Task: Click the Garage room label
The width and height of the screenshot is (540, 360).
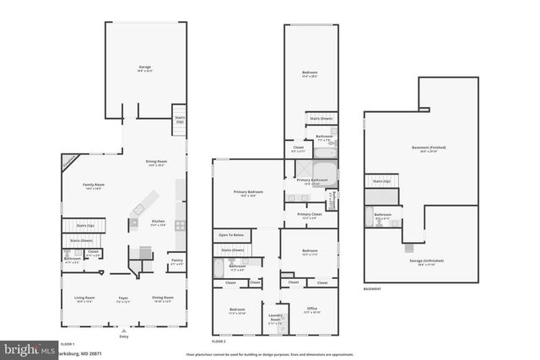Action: pos(144,67)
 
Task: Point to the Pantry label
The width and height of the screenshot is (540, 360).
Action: pos(176,261)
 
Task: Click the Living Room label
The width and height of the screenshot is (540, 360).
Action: pos(84,298)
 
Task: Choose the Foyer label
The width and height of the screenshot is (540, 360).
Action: pos(123,298)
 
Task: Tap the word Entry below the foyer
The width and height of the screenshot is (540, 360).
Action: pos(124,336)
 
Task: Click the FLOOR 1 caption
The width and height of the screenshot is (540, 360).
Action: pos(67,344)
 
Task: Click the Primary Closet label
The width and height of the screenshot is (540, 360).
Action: pos(310,215)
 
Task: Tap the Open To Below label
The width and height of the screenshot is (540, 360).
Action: pos(231,234)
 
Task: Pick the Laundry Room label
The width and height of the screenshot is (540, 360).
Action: pos(275,320)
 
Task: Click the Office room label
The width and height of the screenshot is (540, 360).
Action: pos(311,309)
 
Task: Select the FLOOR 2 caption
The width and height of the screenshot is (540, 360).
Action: pos(219,341)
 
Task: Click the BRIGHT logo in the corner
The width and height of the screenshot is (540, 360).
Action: pos(25,348)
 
